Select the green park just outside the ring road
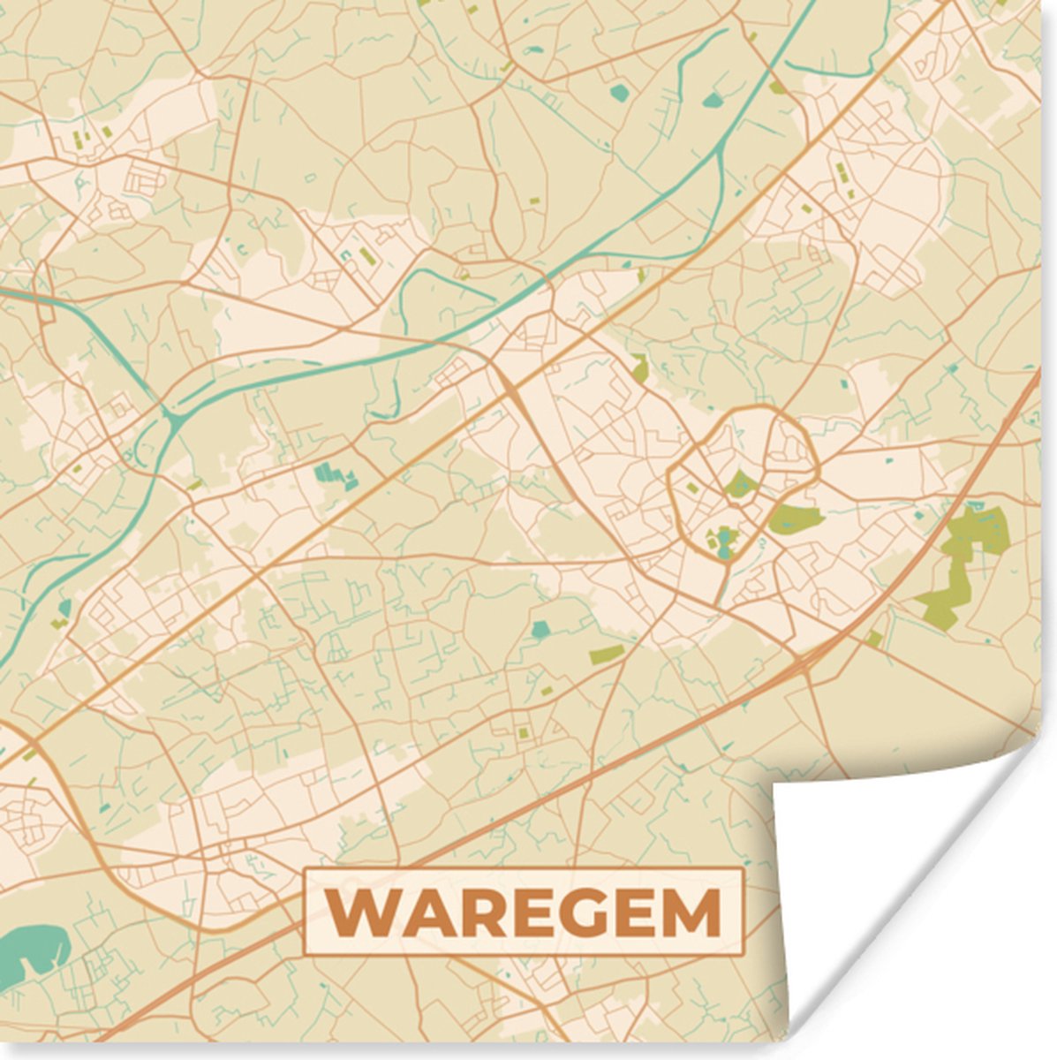click(x=795, y=519)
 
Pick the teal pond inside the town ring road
click(x=725, y=541)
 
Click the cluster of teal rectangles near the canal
click(x=336, y=476)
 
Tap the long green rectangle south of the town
click(x=607, y=654)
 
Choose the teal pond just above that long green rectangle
click(x=540, y=630)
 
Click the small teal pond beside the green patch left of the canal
click(x=64, y=608)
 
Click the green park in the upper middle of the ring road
click(x=740, y=484)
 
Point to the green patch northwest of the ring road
click(x=640, y=367)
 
